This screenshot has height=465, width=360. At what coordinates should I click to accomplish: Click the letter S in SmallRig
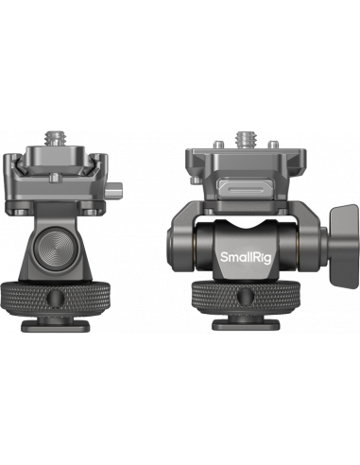tap(224, 255)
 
